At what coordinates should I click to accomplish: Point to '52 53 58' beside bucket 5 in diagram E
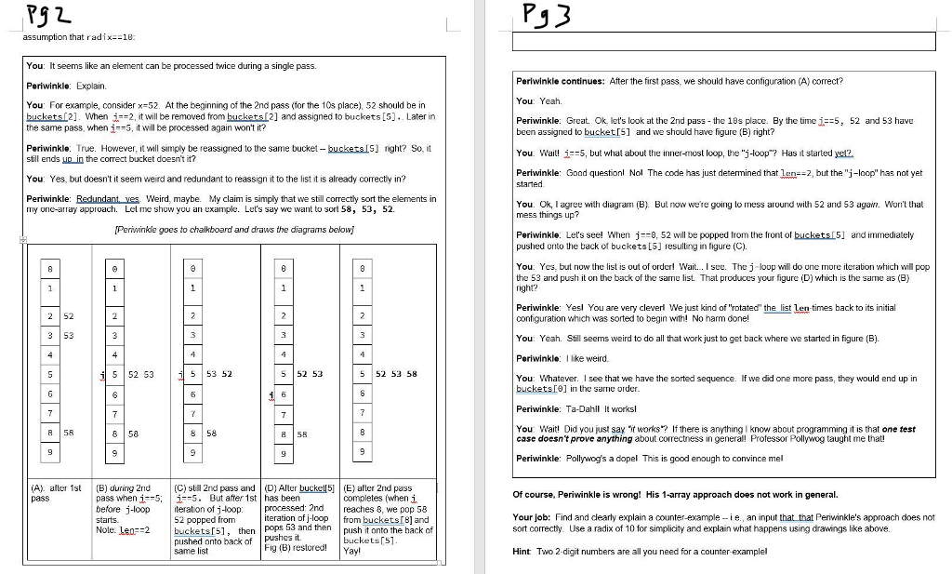click(396, 374)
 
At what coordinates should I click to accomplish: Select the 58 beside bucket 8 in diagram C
click(211, 433)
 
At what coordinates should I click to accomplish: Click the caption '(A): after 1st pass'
click(55, 492)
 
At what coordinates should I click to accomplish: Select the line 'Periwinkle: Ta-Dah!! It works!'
click(575, 408)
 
